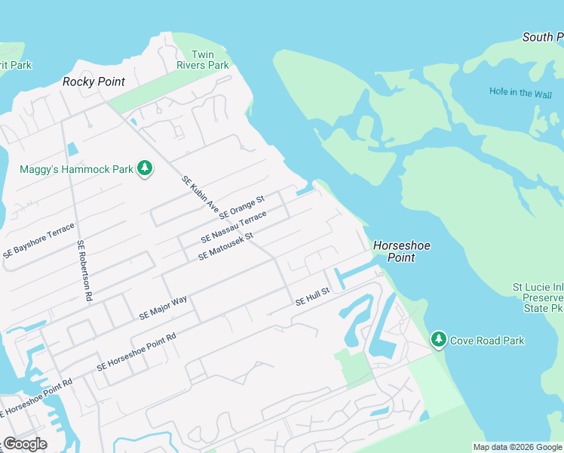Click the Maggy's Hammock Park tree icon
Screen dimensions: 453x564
pos(145,168)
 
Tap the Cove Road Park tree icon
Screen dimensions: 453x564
pos(439,341)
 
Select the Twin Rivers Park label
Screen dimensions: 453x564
pos(202,60)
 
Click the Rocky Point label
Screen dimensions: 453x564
pos(93,82)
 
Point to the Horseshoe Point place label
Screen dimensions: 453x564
pos(394,251)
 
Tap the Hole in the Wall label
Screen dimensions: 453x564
pos(520,93)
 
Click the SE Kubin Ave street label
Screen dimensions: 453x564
pos(200,194)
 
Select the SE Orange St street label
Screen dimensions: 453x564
pos(241,208)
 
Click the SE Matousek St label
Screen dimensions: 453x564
pos(226,246)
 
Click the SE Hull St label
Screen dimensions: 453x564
pos(312,296)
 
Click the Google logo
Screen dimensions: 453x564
pos(25,444)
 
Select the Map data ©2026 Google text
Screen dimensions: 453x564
pos(517,447)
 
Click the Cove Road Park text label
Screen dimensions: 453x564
pos(486,341)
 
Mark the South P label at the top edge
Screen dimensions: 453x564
pos(542,37)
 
